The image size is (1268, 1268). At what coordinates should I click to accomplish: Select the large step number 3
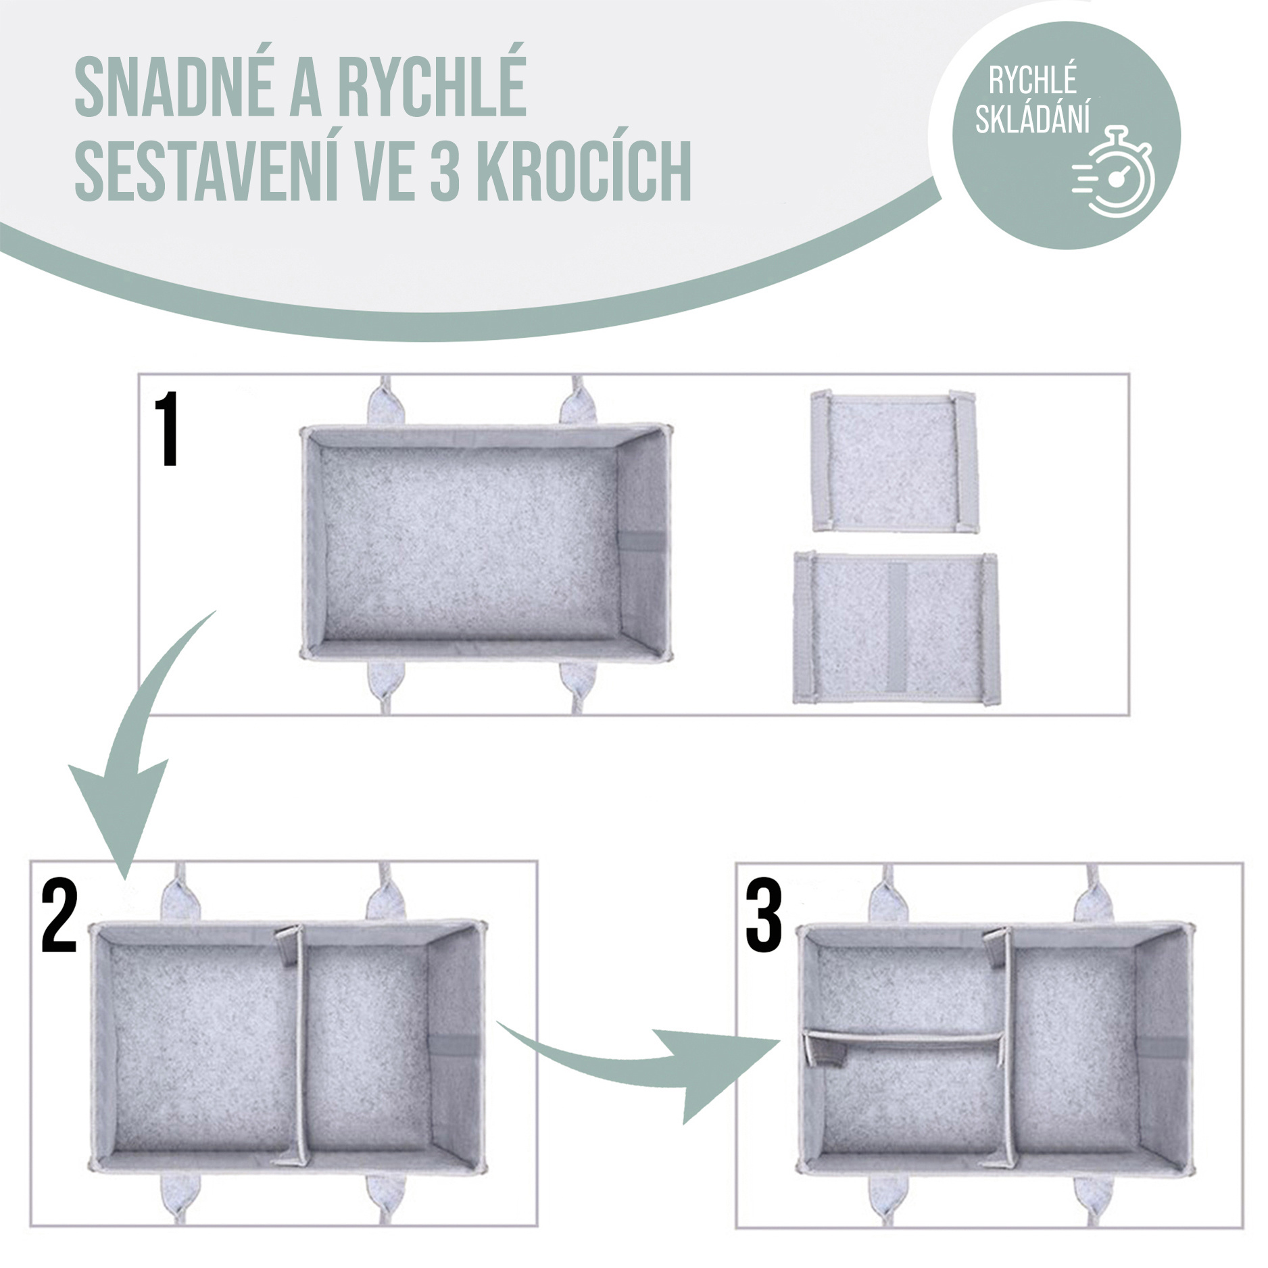click(x=764, y=916)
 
